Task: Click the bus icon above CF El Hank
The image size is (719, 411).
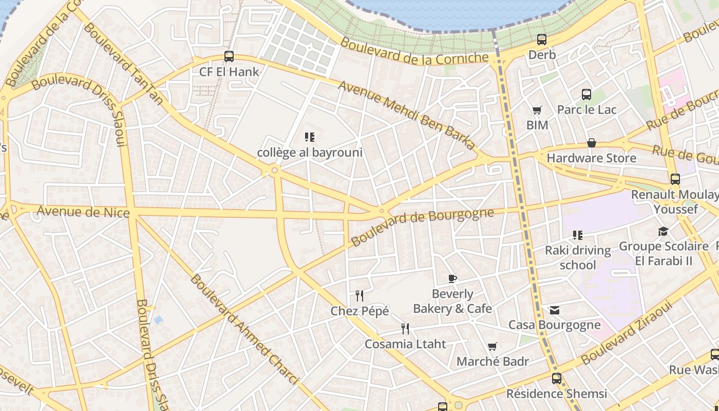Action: (229, 57)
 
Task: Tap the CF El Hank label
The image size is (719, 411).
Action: (229, 72)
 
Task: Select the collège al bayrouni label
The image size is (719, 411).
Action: (310, 153)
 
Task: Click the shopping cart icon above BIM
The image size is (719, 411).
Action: (537, 110)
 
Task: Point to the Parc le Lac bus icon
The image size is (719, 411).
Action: (586, 95)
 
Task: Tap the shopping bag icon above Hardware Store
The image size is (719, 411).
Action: (592, 143)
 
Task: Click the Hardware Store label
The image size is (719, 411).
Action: (592, 158)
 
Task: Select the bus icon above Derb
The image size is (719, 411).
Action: (542, 40)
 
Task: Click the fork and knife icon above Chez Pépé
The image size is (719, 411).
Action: (359, 296)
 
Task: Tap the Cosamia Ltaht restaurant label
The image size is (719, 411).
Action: (405, 344)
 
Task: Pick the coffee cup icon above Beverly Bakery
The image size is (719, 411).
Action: (452, 279)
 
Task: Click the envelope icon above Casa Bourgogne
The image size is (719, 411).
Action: (555, 310)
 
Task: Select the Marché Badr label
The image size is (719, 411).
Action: (493, 362)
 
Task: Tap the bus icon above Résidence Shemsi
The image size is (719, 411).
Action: (557, 379)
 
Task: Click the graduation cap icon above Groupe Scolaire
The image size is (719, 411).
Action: (663, 231)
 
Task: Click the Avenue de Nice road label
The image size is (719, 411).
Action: (83, 211)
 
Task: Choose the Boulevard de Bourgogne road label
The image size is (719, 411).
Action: (422, 227)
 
